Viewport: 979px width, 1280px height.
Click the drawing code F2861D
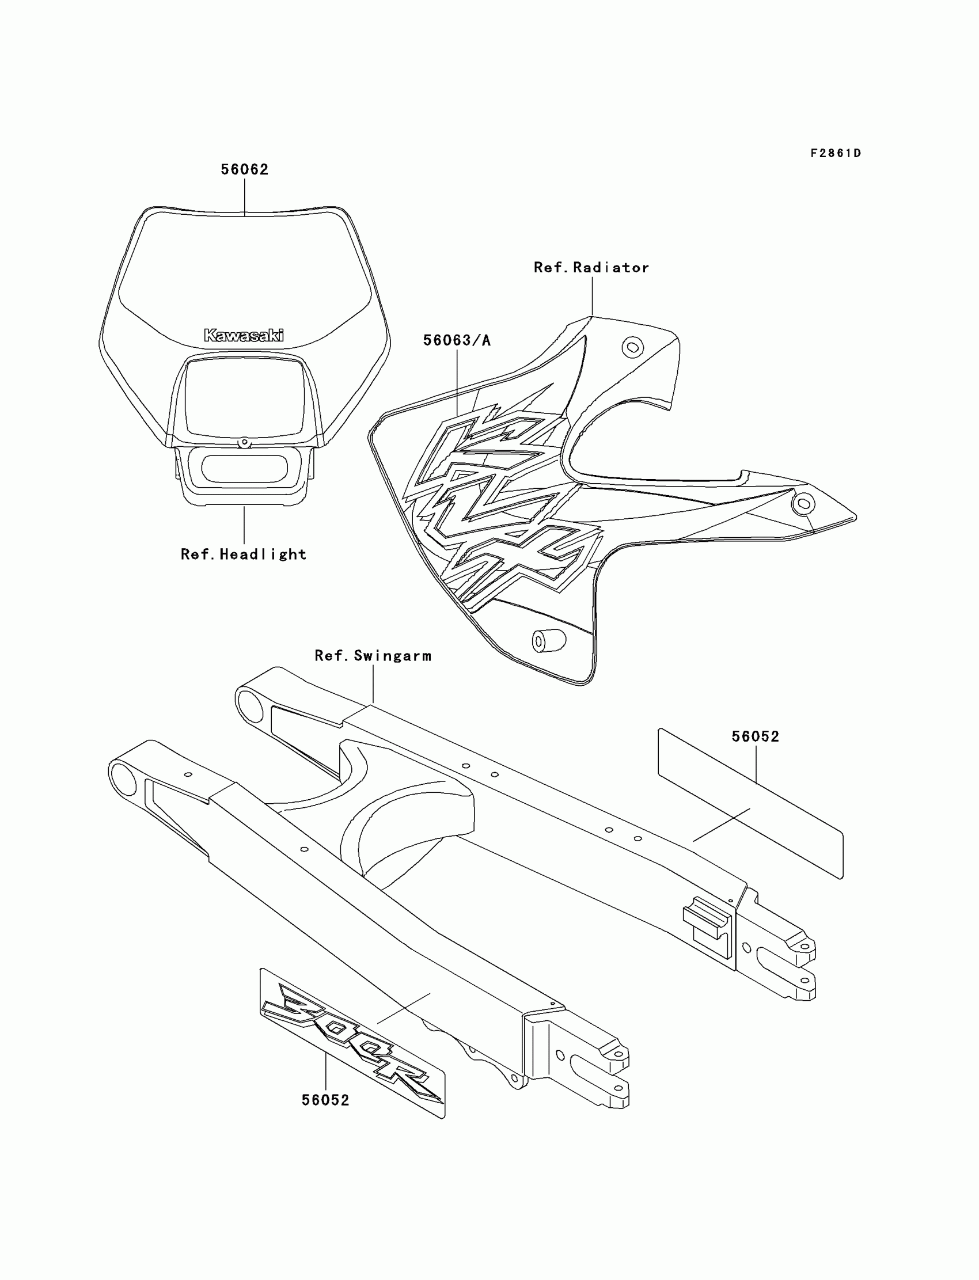point(835,153)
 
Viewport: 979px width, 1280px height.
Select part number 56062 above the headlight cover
point(244,169)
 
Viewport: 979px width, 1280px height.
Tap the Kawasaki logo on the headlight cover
point(244,335)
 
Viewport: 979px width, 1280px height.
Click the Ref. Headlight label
point(244,554)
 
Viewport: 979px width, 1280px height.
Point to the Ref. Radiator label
point(591,267)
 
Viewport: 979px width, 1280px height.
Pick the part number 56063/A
point(457,340)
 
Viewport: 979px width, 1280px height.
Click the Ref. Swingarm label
point(373,656)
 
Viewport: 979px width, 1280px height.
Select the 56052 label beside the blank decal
point(755,736)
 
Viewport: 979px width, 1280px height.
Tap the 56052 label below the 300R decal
point(325,1100)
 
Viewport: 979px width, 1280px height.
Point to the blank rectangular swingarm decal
point(750,804)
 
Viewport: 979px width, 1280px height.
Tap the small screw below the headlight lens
point(244,443)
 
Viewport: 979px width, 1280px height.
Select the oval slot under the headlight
point(244,469)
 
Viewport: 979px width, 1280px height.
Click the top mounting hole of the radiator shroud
point(632,348)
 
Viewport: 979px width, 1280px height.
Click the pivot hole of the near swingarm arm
point(124,780)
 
